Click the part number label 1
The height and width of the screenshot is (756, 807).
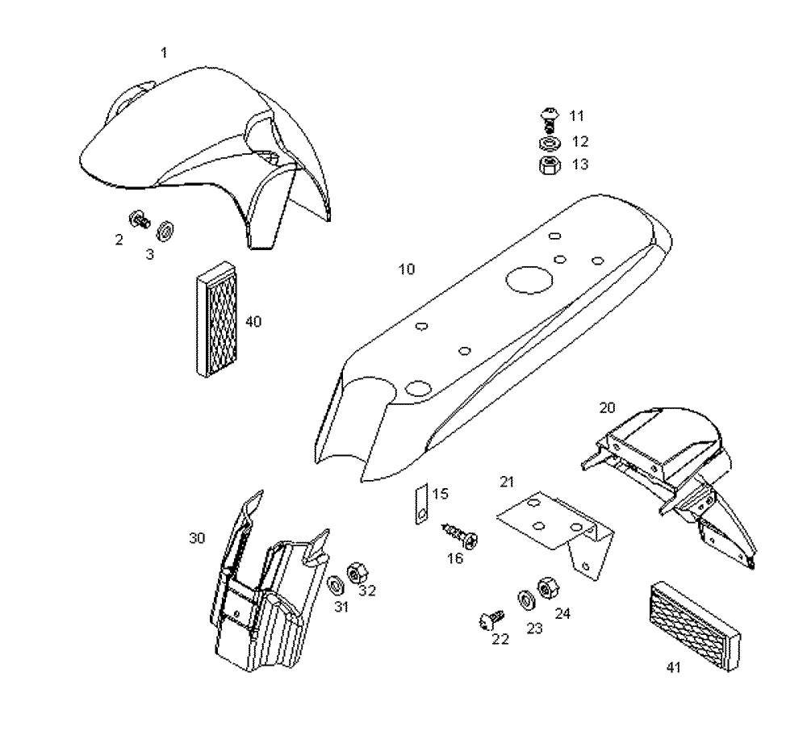coord(165,52)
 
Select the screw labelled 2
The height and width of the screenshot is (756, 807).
coord(140,219)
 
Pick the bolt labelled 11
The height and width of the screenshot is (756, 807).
coord(548,119)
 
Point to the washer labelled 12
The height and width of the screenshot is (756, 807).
coord(549,144)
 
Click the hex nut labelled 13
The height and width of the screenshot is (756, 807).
coord(549,166)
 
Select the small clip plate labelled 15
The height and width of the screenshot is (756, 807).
coord(420,505)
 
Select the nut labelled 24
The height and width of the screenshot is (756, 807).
coord(546,587)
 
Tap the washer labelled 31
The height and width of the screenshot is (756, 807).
coord(335,583)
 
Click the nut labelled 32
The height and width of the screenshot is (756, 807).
coord(356,574)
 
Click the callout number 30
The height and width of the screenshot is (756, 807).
coord(197,538)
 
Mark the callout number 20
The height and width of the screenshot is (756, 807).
coord(607,407)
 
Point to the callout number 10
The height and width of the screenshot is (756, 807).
coord(408,269)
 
